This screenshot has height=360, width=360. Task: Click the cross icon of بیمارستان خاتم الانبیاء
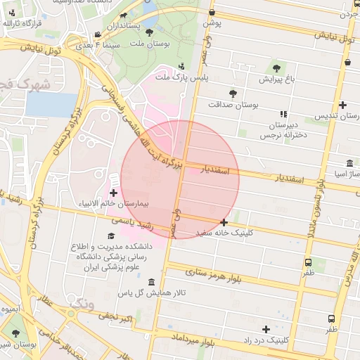point(114,192)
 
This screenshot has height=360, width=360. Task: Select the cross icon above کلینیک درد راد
point(266,329)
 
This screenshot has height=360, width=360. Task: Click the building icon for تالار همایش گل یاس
point(150,282)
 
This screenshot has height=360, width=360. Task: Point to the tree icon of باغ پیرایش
point(276,68)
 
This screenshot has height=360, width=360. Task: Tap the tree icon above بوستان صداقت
point(233,93)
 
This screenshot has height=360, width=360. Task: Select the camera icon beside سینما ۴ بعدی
point(96,34)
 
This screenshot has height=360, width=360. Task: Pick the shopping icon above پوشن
point(212,12)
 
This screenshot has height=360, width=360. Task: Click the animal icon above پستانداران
point(124,15)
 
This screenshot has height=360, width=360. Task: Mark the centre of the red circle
point(180,179)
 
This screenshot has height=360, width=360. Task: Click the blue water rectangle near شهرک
point(49,105)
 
